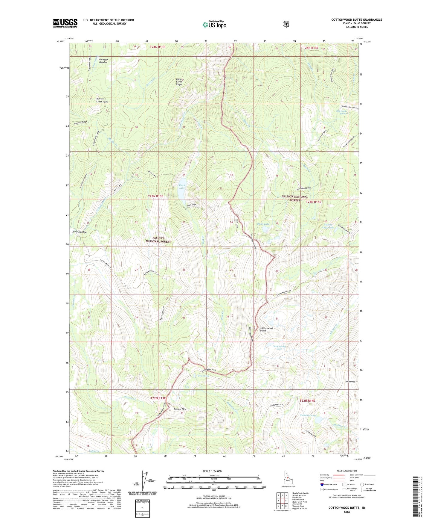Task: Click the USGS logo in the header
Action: tap(65, 23)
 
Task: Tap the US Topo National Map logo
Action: tap(214, 24)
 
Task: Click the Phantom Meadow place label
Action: tap(103, 61)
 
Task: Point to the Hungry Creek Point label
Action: tap(102, 100)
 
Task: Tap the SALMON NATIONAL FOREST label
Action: tap(295, 198)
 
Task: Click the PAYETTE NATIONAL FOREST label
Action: tap(158, 240)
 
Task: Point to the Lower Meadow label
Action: tap(79, 232)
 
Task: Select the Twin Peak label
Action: tap(350, 382)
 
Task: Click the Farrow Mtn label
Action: tap(180, 409)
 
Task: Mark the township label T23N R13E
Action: tap(156, 196)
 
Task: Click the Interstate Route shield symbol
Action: tap(322, 484)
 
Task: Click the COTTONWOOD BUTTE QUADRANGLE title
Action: tap(356, 20)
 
